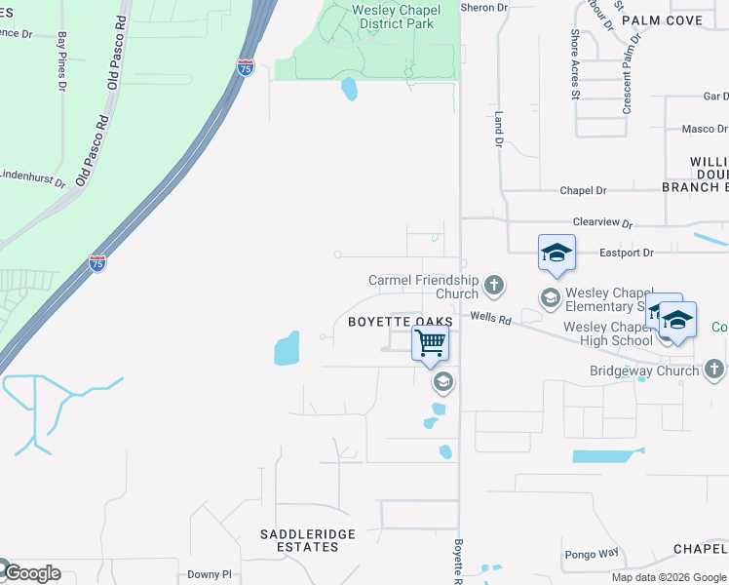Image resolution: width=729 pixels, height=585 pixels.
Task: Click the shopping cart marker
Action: (x=430, y=343)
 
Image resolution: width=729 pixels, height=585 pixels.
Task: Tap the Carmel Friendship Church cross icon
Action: (x=494, y=285)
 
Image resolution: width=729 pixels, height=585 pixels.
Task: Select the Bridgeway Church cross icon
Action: (x=714, y=369)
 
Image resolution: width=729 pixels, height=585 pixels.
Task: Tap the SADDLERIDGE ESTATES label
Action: (x=307, y=540)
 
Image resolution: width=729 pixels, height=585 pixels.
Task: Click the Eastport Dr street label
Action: (x=627, y=253)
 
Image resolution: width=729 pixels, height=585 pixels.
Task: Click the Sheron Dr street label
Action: (x=484, y=8)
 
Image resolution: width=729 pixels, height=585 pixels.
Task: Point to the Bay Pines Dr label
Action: (x=61, y=61)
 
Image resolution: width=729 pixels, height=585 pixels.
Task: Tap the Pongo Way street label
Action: (x=595, y=554)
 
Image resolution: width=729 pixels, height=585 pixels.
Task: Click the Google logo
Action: (x=31, y=572)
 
